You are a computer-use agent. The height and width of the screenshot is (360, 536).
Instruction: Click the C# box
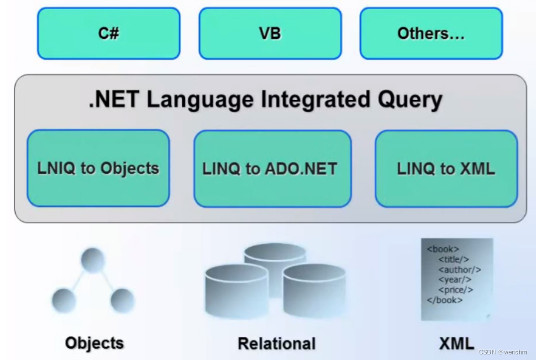108,33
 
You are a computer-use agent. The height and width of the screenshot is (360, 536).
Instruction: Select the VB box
270,33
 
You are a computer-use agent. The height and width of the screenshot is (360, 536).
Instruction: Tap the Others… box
431,33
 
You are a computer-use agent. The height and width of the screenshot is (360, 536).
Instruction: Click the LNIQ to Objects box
98,168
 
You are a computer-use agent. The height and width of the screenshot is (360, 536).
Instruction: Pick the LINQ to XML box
446,168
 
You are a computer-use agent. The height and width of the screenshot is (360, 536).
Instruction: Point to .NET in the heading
115,100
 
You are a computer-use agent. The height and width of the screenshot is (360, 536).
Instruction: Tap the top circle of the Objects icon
93,260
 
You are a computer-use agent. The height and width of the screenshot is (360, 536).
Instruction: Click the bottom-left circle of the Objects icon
64,300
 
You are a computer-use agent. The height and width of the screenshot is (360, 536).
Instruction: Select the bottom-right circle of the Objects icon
122,300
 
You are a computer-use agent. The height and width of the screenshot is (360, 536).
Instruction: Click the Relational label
276,343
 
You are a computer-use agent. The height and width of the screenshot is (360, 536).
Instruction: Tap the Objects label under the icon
94,343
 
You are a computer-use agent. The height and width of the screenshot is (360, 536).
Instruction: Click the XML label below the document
456,343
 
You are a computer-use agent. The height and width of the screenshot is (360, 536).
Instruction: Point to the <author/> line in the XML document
459,270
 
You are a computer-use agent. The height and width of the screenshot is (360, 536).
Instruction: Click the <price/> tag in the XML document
455,290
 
